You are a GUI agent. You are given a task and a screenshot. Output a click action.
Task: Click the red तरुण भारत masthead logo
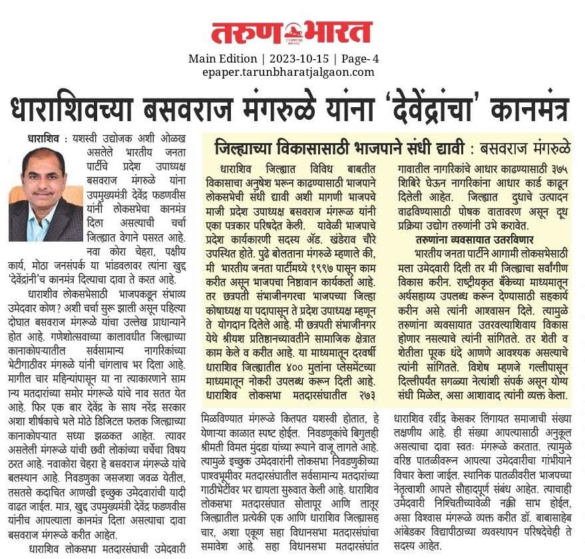[x=292, y=32]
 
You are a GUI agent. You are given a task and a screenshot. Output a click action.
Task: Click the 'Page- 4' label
[x=361, y=59]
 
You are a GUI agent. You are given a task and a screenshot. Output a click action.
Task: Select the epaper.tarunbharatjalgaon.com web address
[x=288, y=72]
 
